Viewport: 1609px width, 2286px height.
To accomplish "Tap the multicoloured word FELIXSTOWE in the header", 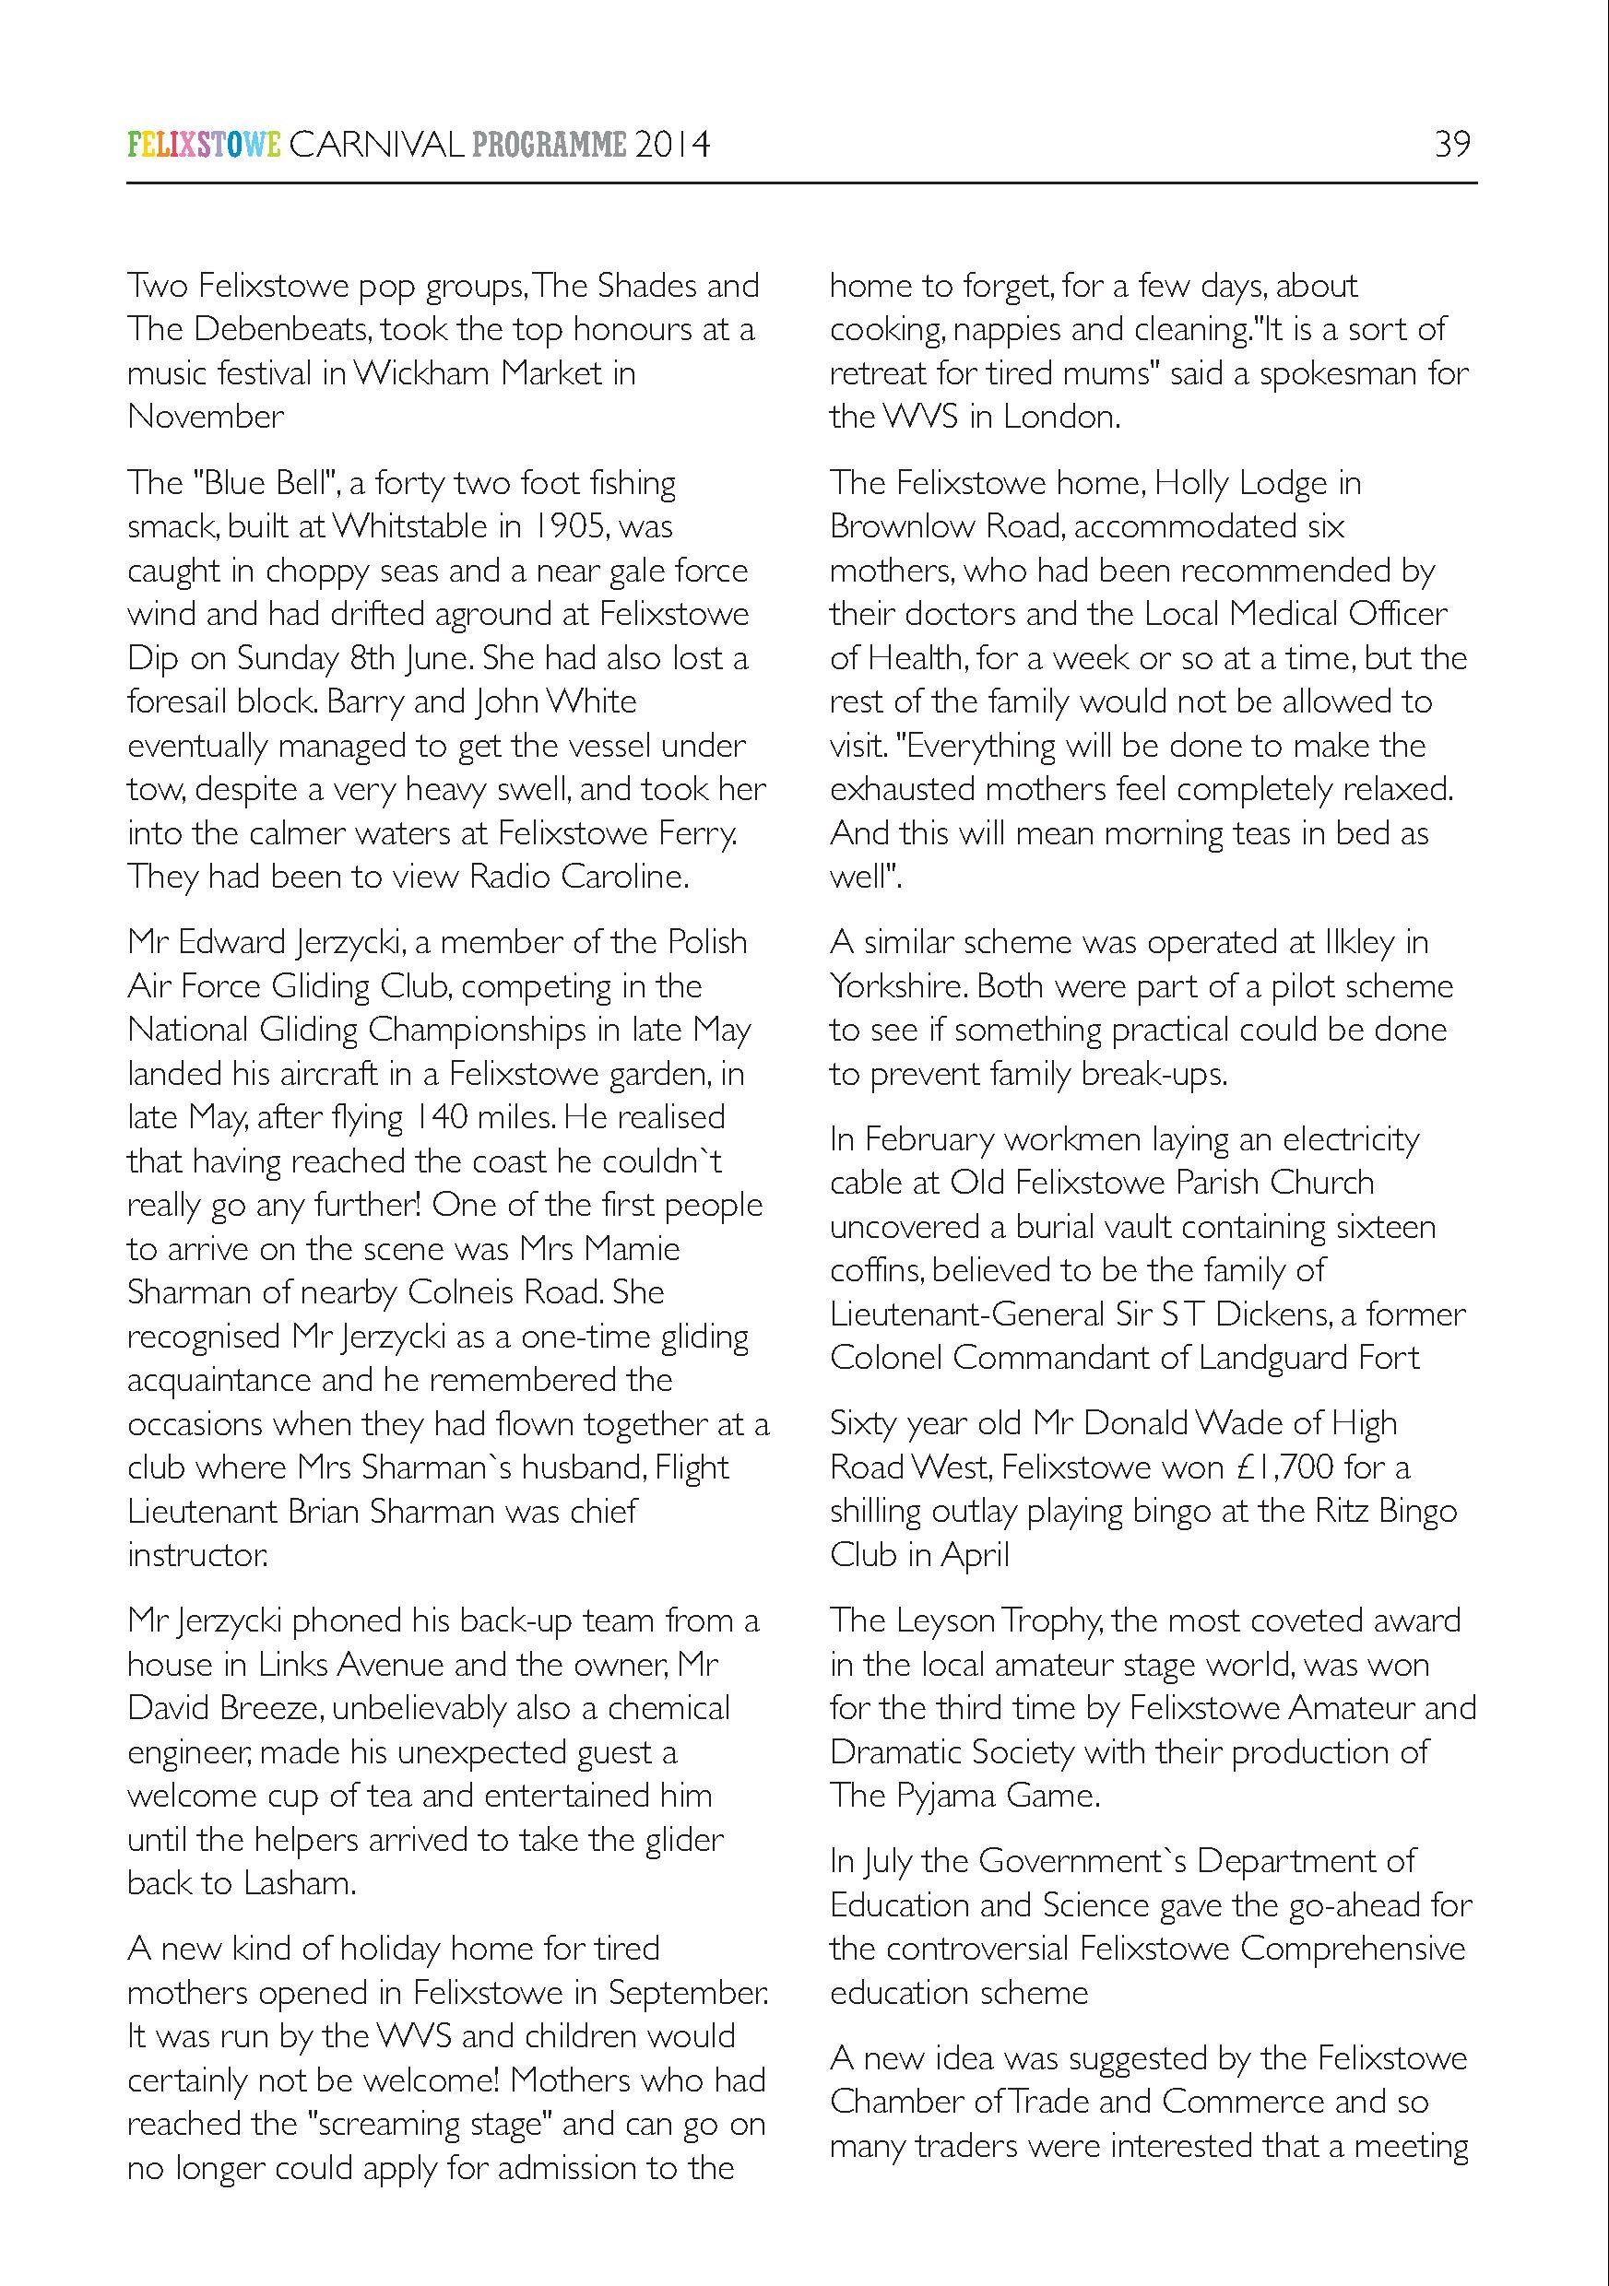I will [x=204, y=146].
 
